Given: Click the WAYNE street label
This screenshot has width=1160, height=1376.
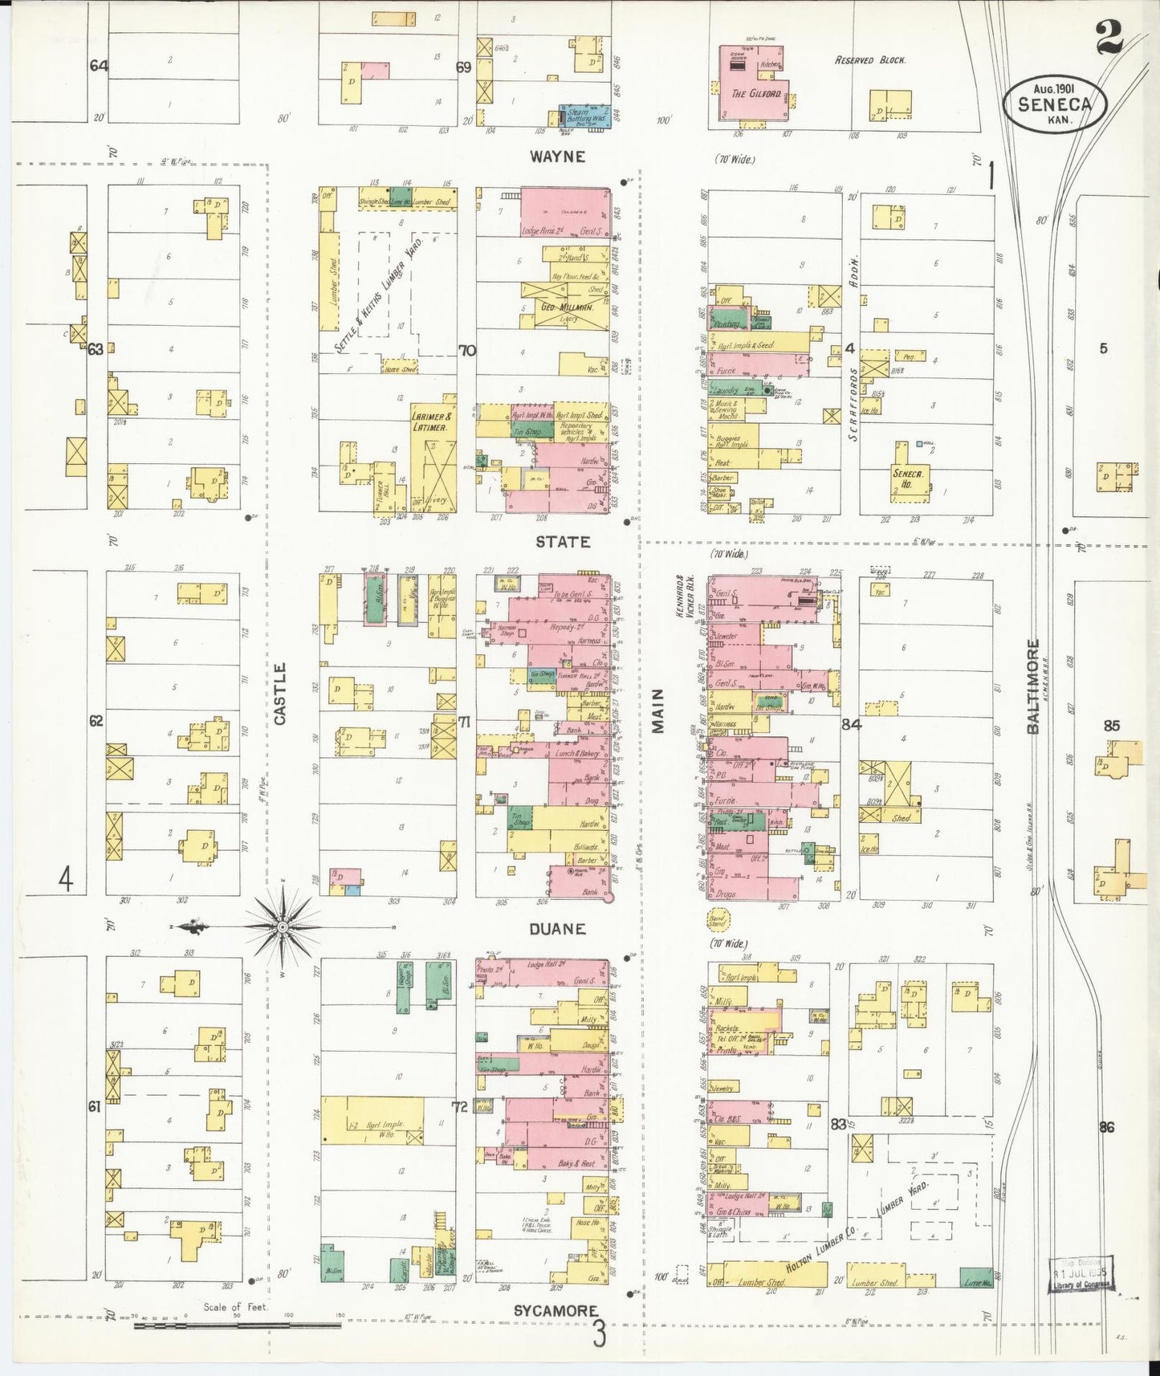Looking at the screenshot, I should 558,157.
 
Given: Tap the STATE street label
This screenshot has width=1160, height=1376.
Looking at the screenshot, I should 563,542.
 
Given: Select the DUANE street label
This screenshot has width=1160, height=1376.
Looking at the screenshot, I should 557,929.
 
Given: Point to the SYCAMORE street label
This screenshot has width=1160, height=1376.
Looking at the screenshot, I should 556,1310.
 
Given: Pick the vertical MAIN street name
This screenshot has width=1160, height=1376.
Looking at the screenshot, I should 658,710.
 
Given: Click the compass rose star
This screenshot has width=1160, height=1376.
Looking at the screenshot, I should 283,927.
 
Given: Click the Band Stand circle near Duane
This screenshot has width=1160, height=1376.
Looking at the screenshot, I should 717,918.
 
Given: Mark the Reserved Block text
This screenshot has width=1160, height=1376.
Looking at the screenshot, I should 870,60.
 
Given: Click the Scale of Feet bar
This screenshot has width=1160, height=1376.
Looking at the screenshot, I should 237,1325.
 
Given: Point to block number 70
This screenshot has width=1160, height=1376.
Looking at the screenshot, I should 466,350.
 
